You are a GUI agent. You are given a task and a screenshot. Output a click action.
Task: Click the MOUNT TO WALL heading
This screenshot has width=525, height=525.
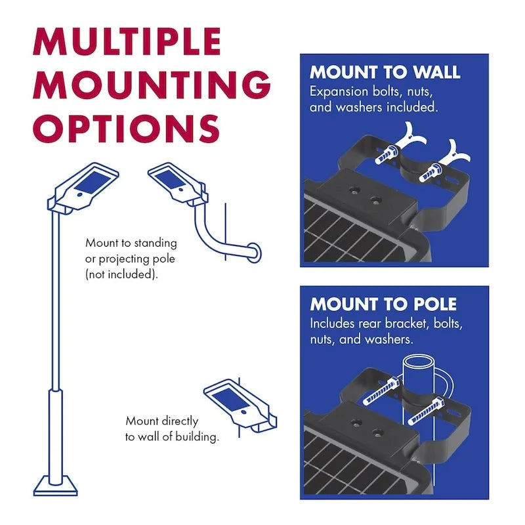click(x=385, y=72)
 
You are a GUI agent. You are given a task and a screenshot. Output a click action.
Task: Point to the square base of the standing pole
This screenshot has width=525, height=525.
click(x=56, y=486)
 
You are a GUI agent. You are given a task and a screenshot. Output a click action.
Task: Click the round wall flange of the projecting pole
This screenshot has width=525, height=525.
click(x=253, y=251)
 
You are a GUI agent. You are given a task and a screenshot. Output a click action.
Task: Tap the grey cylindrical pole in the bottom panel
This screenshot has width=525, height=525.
click(x=419, y=381)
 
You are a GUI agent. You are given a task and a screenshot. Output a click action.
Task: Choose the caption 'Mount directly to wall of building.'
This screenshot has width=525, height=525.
click(x=172, y=429)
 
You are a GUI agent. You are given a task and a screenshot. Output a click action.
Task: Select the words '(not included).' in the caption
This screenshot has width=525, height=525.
click(x=121, y=274)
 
